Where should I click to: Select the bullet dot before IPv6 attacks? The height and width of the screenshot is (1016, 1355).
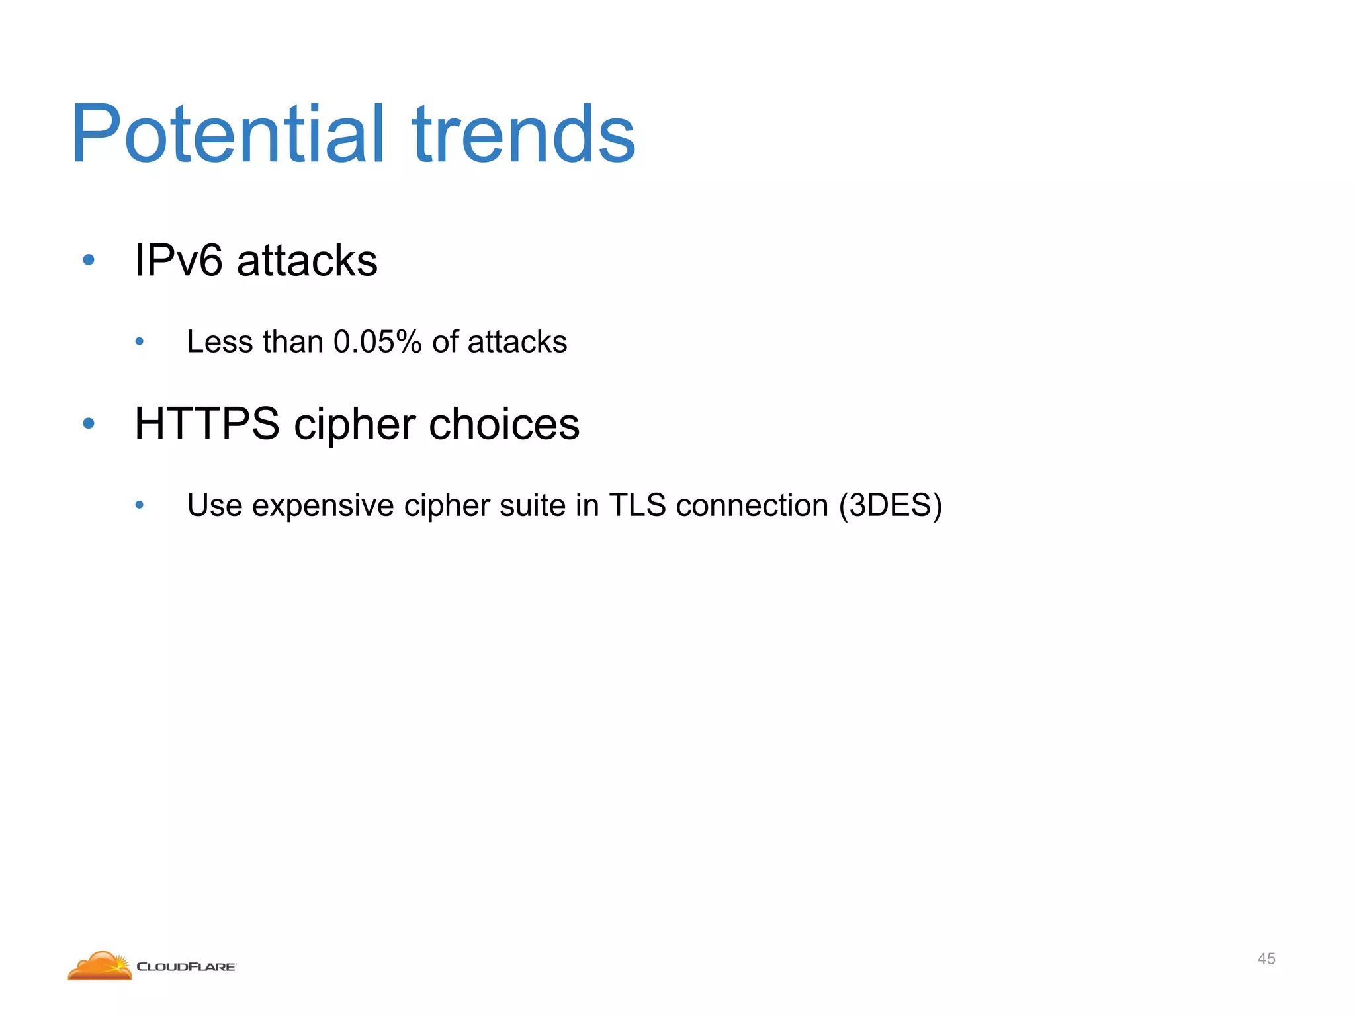pyautogui.click(x=89, y=260)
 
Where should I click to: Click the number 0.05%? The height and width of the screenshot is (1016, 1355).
pyautogui.click(x=377, y=342)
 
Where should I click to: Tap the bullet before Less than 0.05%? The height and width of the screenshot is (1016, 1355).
pyautogui.click(x=139, y=342)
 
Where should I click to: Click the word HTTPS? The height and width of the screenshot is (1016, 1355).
pyautogui.click(x=207, y=423)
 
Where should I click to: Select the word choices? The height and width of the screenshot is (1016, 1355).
pyautogui.click(x=504, y=423)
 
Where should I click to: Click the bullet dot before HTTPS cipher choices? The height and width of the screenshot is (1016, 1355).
pyautogui.click(x=89, y=423)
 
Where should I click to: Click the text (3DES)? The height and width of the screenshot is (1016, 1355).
pyautogui.click(x=890, y=505)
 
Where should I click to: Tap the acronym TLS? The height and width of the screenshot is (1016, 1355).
pyautogui.click(x=637, y=505)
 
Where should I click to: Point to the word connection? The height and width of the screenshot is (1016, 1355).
pyautogui.click(x=752, y=505)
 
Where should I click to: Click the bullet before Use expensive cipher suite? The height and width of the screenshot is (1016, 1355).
pyautogui.click(x=139, y=505)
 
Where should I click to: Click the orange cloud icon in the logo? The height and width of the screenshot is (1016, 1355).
pyautogui.click(x=100, y=966)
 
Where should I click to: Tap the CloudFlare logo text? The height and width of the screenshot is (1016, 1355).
pyautogui.click(x=186, y=967)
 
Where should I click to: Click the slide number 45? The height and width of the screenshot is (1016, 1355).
pyautogui.click(x=1266, y=958)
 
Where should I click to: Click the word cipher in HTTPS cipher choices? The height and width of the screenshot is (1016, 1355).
pyautogui.click(x=355, y=425)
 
